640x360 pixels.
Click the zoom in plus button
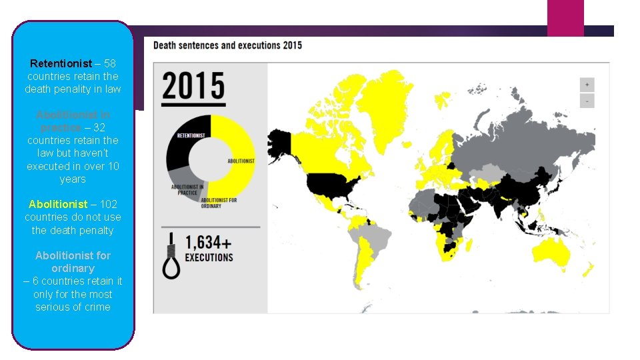(x=587, y=85)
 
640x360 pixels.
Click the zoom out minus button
(x=587, y=101)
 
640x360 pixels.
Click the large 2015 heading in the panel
(x=193, y=87)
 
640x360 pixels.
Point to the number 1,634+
(x=209, y=243)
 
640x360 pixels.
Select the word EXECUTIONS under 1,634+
(x=209, y=257)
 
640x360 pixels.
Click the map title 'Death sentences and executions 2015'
(x=227, y=45)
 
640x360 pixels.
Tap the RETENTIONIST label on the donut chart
(x=191, y=136)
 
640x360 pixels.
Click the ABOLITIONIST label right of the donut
(x=241, y=161)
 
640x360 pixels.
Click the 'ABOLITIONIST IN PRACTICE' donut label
(x=187, y=190)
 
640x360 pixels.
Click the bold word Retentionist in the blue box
(x=61, y=64)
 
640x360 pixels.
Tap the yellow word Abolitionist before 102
(x=58, y=204)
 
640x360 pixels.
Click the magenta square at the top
(x=565, y=17)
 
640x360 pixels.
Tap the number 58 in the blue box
(x=110, y=64)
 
